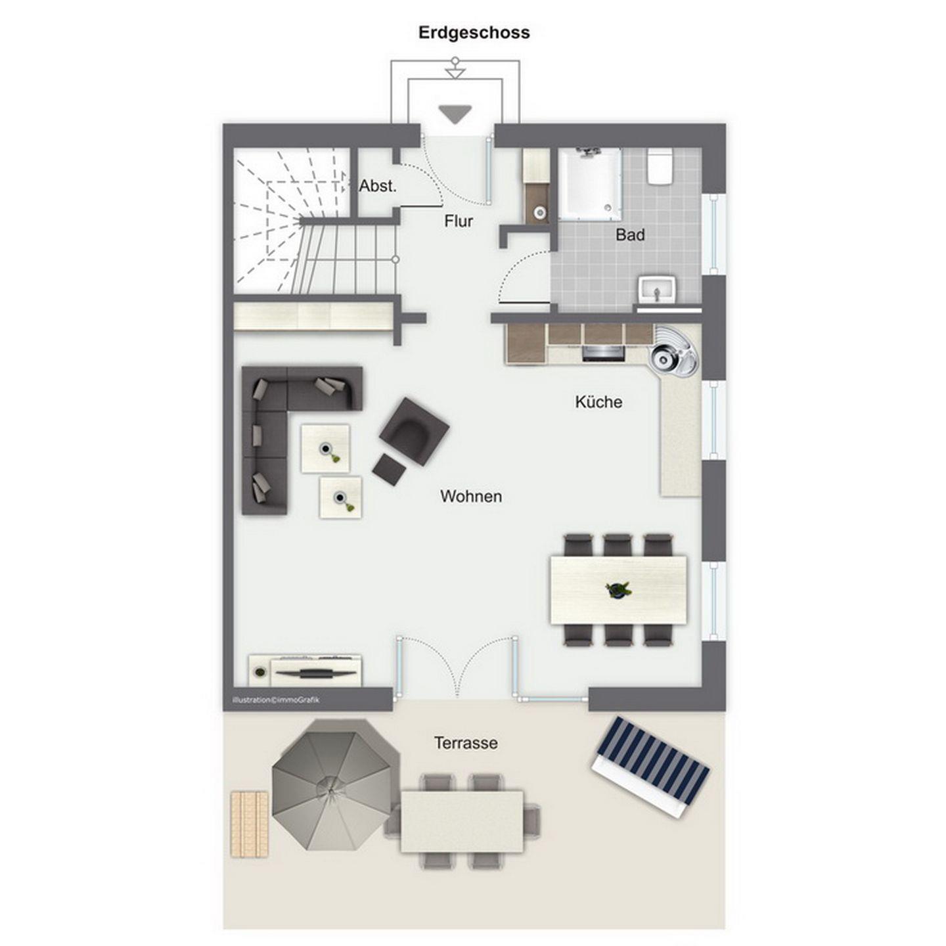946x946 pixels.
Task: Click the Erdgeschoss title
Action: tap(474, 33)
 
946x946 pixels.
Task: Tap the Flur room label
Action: tap(459, 221)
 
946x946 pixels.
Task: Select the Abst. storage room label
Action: tap(378, 186)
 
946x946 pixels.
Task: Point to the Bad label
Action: tap(630, 235)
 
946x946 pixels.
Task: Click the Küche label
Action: tap(598, 401)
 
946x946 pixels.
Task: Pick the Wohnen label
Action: tap(471, 496)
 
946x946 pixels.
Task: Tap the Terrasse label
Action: tap(465, 743)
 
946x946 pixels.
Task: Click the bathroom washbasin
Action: tap(657, 290)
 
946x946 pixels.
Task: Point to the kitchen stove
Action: tap(604, 353)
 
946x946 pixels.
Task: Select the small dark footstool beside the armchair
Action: tap(390, 469)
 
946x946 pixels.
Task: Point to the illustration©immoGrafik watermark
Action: tap(276, 700)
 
